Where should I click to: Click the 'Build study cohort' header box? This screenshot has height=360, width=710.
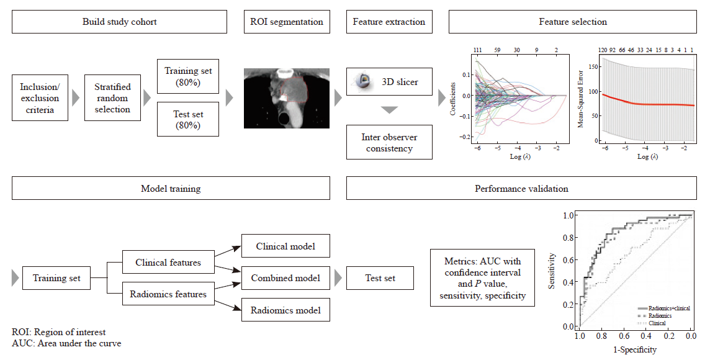point(119,22)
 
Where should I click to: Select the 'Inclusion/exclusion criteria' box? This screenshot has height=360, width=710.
point(40,98)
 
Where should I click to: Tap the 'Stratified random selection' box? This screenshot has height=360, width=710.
point(112,98)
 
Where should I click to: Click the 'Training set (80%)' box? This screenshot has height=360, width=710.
point(188,76)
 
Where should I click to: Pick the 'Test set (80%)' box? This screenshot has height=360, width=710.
point(188,119)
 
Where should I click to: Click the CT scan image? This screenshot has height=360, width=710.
point(287,98)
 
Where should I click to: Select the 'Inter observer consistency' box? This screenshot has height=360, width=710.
point(389,143)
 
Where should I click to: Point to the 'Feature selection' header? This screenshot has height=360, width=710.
point(572,22)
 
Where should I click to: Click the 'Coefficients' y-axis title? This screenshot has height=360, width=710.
point(453,99)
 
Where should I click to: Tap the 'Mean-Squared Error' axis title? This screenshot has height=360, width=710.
point(580,99)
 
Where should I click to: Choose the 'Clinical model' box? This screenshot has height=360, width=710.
point(285,246)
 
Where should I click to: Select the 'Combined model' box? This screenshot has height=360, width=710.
point(285,278)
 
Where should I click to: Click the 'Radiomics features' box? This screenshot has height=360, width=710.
point(168,294)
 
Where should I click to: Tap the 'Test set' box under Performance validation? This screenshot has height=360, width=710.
point(380,278)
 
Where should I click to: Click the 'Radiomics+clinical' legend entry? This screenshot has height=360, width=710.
point(664,308)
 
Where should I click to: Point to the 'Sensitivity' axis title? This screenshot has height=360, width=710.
point(552,271)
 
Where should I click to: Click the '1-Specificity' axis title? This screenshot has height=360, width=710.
point(635,349)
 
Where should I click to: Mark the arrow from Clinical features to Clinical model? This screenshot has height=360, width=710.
point(228,252)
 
